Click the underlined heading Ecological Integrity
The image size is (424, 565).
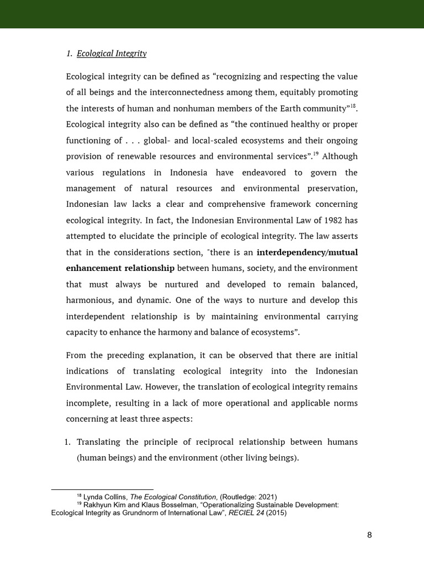(112, 54)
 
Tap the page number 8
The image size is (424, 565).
(369, 535)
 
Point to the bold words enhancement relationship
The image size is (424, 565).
(120, 268)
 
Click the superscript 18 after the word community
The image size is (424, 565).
(353, 105)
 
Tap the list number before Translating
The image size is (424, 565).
(68, 442)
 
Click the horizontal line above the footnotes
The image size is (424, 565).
(102, 489)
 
